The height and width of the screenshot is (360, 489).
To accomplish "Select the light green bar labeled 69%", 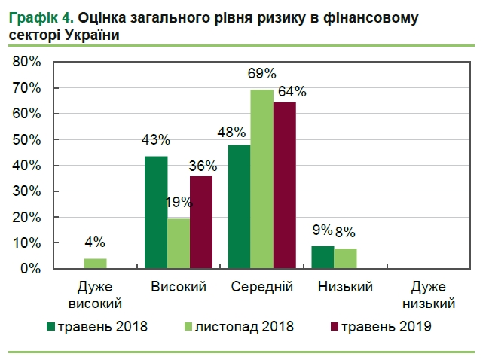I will point(261,179).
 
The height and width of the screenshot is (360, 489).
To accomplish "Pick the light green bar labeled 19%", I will point(179,243).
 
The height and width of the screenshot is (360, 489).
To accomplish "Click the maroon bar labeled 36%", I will point(200,222).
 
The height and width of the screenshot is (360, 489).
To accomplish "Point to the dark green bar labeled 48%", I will point(239,206).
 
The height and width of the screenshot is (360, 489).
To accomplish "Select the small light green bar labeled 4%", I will point(95,264).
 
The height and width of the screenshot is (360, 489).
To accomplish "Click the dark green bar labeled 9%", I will point(322,257).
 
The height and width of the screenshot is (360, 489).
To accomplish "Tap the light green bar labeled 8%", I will point(344,258).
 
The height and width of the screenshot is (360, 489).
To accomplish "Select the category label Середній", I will point(261,287).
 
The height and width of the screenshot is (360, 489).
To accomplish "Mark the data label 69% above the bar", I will point(262,73).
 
